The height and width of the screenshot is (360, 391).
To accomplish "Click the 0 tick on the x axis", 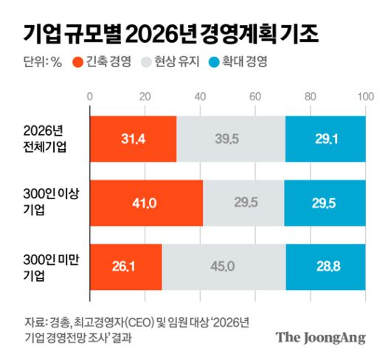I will pos(89,97).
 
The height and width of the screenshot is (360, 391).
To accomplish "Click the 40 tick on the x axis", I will pos(200,97).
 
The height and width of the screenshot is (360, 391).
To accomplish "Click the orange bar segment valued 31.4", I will pos(133,138).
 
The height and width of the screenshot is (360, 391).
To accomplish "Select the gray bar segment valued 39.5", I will pos(231,138).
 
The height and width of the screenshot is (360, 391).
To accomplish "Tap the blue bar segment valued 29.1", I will pos(325,138).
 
